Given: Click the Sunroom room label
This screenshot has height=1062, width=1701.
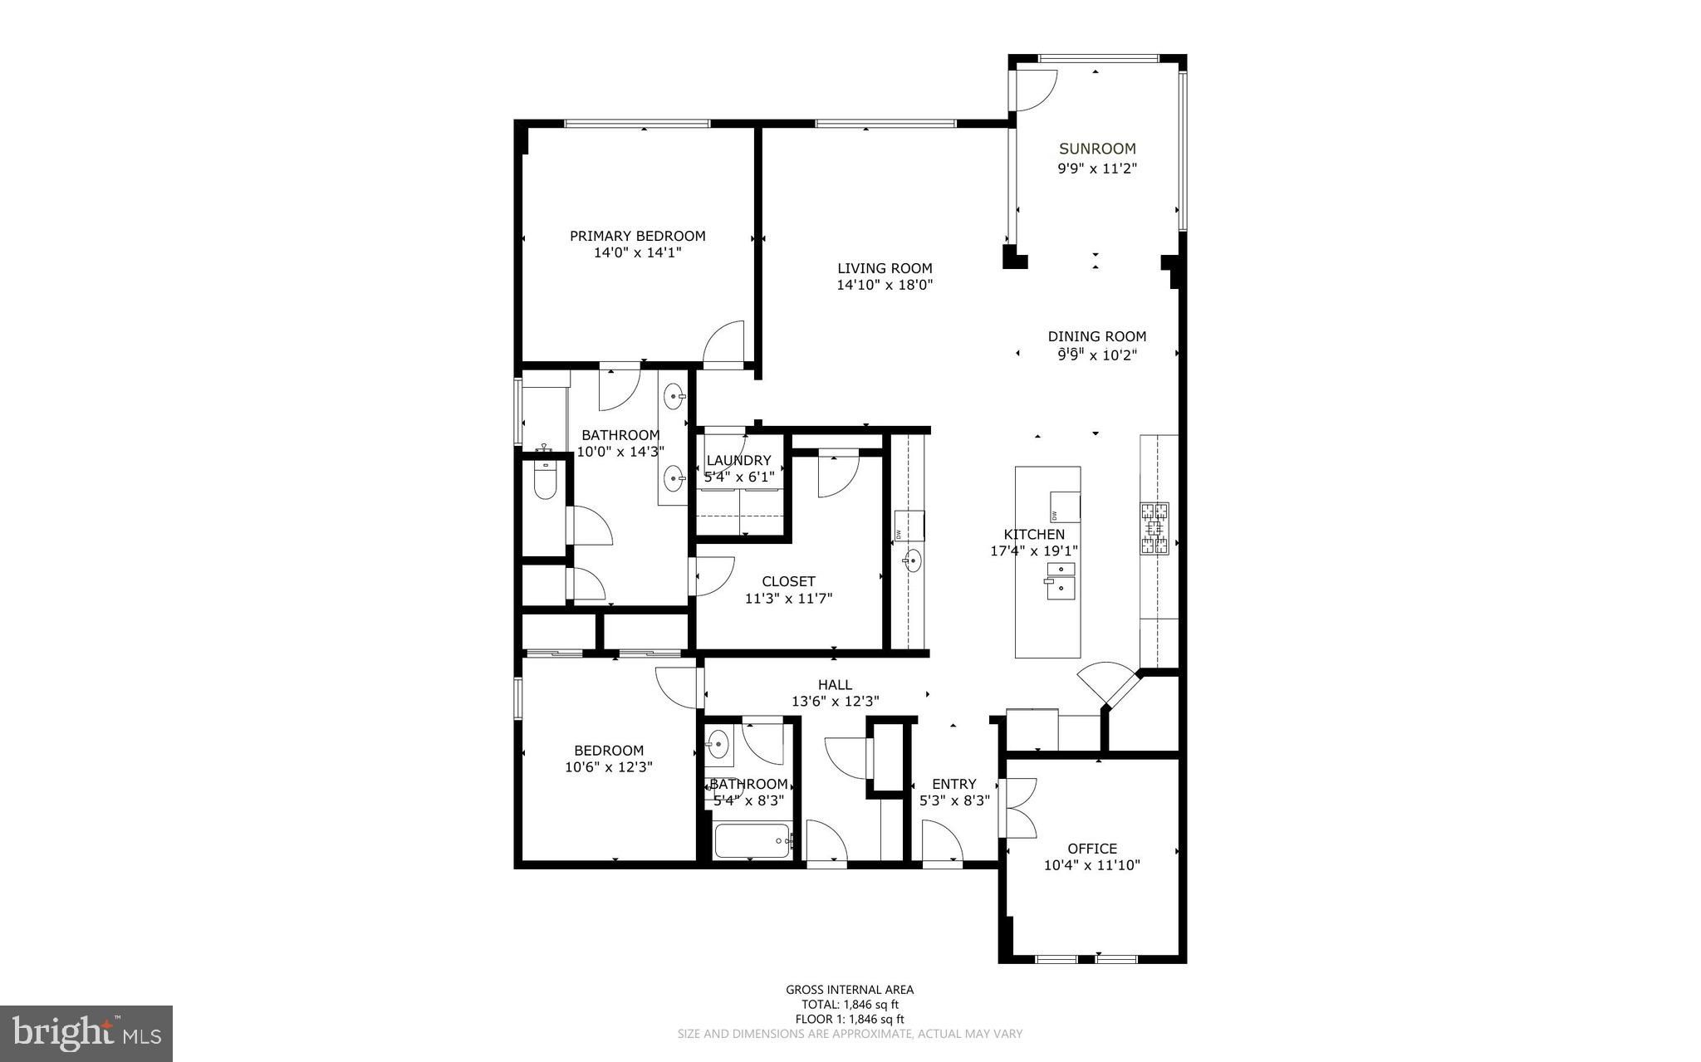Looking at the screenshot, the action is [1097, 149].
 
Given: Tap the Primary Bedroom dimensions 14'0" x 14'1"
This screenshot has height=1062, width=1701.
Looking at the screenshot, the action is [638, 252].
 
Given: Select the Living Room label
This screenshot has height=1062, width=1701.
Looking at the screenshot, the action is [885, 268].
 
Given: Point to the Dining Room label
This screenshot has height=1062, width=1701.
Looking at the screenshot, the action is [1097, 336].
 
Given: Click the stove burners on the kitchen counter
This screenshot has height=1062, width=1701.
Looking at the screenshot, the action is [1154, 528].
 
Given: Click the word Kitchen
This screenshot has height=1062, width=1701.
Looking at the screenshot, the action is [1034, 534].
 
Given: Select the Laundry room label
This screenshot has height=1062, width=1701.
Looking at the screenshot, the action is [739, 460].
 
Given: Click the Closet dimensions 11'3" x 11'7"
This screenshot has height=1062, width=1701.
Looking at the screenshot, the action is [788, 598].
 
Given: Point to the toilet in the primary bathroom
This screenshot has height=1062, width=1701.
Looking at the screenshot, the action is [545, 479].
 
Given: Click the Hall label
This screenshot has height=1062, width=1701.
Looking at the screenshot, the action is [835, 684].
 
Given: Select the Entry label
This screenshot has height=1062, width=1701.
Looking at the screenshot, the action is [954, 784].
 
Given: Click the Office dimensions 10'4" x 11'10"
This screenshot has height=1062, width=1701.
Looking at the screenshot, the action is [1092, 865].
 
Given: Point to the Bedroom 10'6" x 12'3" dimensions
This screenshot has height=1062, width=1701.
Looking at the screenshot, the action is [609, 767].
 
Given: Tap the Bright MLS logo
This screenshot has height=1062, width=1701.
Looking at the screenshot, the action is [86, 1034].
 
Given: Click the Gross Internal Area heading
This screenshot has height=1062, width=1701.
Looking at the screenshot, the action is [850, 989].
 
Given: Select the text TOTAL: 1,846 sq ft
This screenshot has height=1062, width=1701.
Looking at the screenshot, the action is [850, 1004].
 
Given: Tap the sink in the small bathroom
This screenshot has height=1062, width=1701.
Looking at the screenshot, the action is [718, 742].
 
